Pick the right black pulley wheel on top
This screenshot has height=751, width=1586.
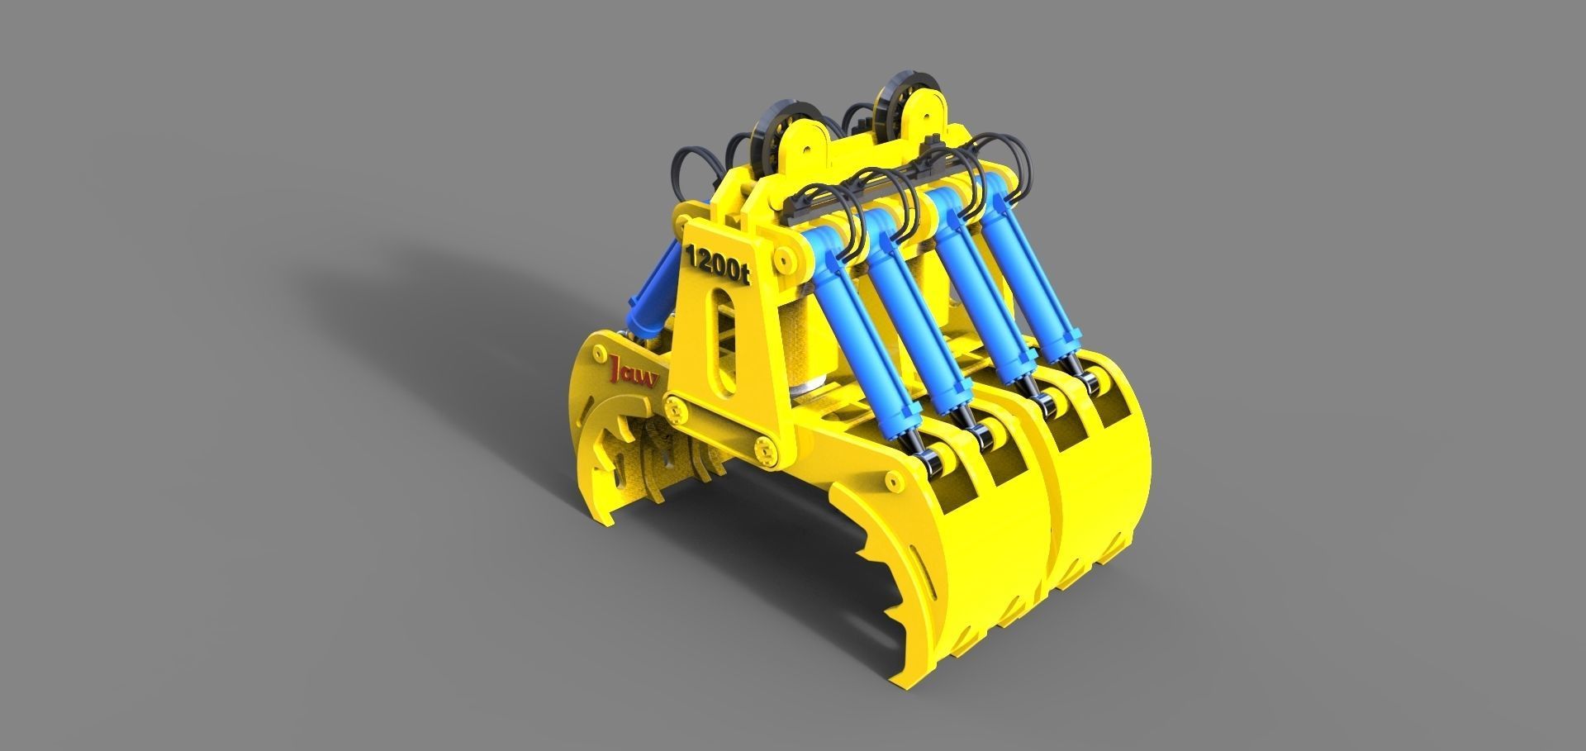click(892, 97)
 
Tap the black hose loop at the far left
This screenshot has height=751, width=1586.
click(687, 169)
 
